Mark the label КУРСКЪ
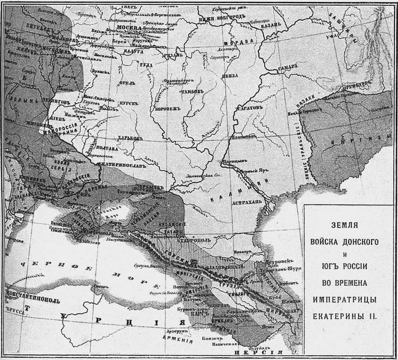pyautogui.click(x=128, y=100)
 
